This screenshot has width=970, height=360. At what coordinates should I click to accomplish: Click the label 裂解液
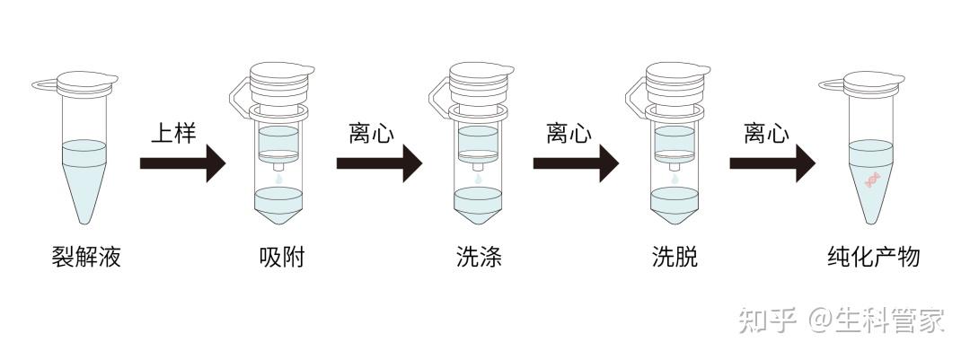coord(86,259)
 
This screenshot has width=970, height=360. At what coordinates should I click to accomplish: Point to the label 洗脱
coord(675,259)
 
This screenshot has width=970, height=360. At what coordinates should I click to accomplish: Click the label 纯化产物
coord(873,259)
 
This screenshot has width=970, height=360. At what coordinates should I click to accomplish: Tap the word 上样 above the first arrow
coord(172,134)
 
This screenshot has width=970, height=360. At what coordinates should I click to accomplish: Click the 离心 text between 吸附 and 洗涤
coord(371,134)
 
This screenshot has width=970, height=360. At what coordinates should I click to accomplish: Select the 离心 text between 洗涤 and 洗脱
coord(569,134)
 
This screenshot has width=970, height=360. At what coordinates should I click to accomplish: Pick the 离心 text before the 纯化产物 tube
coord(766,134)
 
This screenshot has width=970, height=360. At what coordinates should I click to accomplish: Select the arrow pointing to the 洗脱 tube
coord(576,163)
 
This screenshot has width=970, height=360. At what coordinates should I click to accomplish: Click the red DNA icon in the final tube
coord(871,180)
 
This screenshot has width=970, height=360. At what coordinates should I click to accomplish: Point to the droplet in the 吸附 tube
coord(278,179)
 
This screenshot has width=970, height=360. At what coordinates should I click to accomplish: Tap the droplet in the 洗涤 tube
coord(477,179)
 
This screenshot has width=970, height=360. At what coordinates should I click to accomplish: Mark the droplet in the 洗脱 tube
coord(675,179)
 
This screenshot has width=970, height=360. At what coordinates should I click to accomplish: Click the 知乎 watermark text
coord(766,320)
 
